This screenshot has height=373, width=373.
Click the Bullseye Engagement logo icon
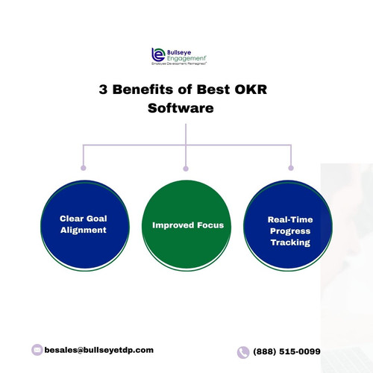pos(157,55)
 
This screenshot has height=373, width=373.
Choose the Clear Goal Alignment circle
pos(83,224)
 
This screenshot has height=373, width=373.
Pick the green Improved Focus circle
pos(186,224)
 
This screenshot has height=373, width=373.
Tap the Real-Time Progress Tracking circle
pos(289,231)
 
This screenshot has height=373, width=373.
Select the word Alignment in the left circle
pos(83,231)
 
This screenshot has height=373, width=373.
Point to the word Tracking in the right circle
pos(289,242)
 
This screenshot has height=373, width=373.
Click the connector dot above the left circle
pos(82,169)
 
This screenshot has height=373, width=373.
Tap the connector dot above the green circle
pos(186,169)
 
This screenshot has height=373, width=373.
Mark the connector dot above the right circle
pos(290,169)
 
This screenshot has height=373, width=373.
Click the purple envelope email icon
pos(37,350)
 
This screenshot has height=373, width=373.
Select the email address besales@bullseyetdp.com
pos(98,350)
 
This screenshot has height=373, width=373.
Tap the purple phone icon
pos(243,352)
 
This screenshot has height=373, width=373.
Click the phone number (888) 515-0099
pos(288,352)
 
